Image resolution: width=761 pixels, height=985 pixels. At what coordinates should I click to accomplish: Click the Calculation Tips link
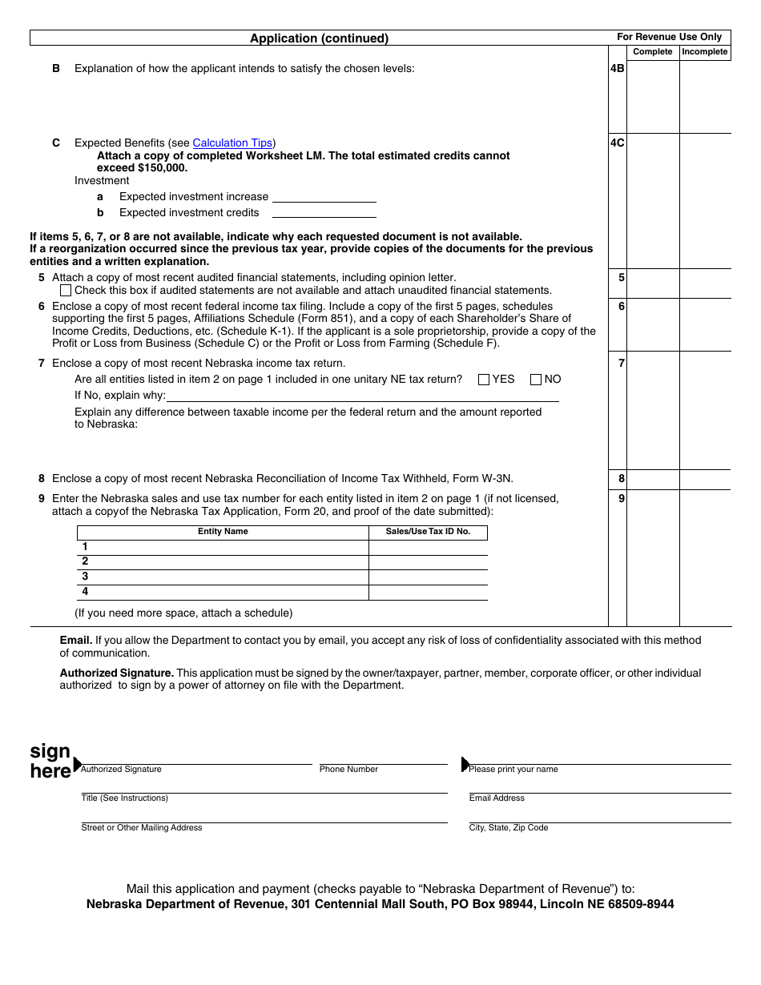coord(232,143)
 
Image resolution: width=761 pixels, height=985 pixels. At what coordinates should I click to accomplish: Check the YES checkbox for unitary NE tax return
coord(484,380)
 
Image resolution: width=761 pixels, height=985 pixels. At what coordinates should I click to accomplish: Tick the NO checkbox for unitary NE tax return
coord(537,380)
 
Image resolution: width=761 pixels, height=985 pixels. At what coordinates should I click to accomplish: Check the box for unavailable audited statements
coord(66,291)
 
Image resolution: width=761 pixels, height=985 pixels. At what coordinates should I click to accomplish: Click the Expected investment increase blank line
coord(324,197)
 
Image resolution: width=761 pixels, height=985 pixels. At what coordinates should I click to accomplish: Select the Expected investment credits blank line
coord(324,213)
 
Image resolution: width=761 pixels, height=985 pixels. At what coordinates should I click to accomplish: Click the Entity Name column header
coord(223,532)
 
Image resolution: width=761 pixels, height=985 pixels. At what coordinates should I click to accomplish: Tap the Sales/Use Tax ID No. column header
coord(428,532)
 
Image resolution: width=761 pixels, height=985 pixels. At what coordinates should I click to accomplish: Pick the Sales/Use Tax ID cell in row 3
coord(428,577)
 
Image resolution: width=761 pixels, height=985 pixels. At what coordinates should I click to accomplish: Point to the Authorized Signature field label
coord(121,770)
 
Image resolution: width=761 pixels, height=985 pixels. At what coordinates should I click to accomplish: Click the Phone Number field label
coord(348,770)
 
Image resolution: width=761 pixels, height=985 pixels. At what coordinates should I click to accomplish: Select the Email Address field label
coord(497,798)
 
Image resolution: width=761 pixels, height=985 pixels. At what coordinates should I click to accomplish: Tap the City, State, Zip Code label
coord(509,828)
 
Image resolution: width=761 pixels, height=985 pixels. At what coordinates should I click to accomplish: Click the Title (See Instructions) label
coord(124,798)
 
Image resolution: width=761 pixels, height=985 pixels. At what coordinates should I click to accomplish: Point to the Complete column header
coord(653,52)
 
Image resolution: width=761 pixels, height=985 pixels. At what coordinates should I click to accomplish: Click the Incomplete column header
coord(705,52)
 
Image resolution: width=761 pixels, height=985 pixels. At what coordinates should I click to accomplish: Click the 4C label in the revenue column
coord(618,143)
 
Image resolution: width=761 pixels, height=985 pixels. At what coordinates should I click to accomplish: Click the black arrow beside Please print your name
coord(465,764)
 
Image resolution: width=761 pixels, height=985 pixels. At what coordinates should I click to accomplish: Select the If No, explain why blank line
coord(362,396)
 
